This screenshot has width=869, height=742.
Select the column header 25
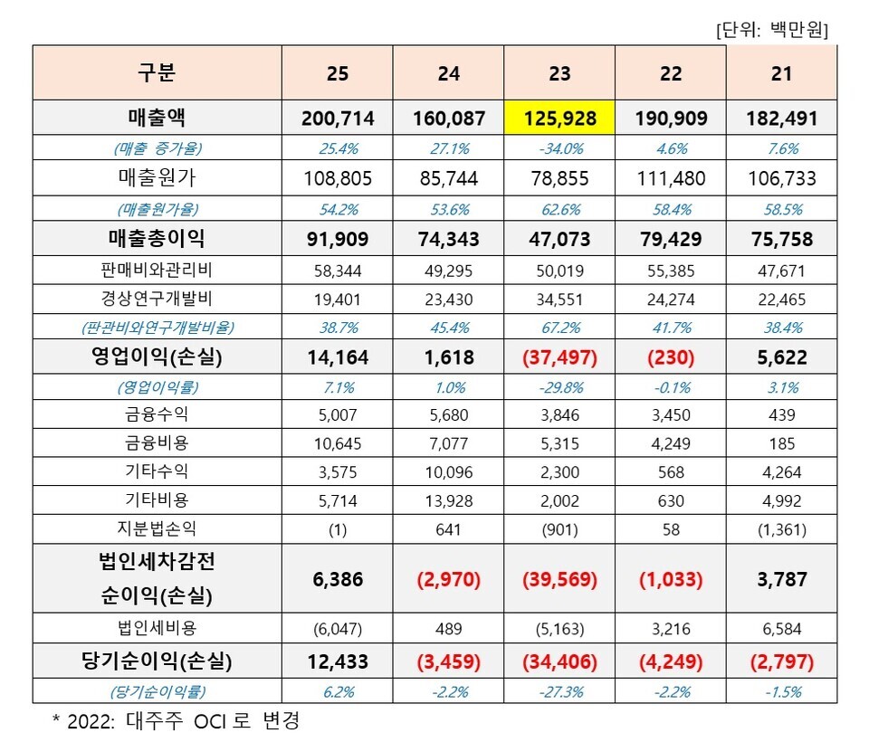(337, 73)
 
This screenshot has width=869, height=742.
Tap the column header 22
(671, 73)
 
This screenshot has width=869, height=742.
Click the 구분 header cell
(157, 73)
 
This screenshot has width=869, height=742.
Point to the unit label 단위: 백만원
(771, 29)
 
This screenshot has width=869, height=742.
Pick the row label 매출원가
(157, 178)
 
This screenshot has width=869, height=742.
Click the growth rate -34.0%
(559, 147)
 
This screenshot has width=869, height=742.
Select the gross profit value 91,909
(337, 239)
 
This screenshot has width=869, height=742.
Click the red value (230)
(671, 357)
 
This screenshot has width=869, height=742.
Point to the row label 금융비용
(157, 443)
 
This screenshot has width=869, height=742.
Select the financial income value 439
(781, 415)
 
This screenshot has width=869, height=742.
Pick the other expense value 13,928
(448, 499)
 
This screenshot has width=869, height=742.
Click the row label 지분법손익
(157, 528)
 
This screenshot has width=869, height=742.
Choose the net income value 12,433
(337, 661)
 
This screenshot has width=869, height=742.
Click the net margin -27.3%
(559, 692)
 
